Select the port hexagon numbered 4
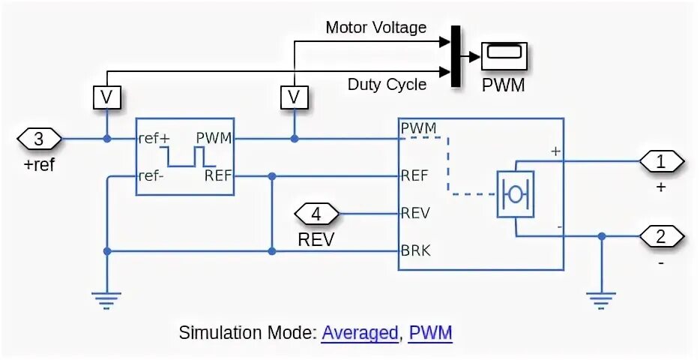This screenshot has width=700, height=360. pyautogui.click(x=316, y=214)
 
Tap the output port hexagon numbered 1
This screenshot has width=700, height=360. pyautogui.click(x=660, y=161)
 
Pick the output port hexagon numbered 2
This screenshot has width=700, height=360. pyautogui.click(x=660, y=236)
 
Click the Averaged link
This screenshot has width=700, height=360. pyautogui.click(x=360, y=333)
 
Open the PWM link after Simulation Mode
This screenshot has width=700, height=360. pyautogui.click(x=431, y=333)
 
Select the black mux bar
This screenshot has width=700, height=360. pyautogui.click(x=454, y=56)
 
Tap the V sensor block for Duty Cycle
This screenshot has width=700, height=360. pyautogui.click(x=106, y=97)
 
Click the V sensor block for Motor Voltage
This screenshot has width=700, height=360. pyautogui.click(x=294, y=97)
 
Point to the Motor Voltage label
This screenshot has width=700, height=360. pyautogui.click(x=375, y=28)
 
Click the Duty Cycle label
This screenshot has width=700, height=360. pyautogui.click(x=387, y=84)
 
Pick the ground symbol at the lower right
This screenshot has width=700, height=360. pyautogui.click(x=601, y=300)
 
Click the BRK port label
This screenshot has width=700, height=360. pyautogui.click(x=415, y=250)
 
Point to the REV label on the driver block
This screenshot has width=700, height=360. pyautogui.click(x=415, y=213)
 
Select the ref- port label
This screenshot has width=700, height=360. pyautogui.click(x=151, y=176)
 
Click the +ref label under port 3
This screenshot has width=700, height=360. pyautogui.click(x=39, y=165)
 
